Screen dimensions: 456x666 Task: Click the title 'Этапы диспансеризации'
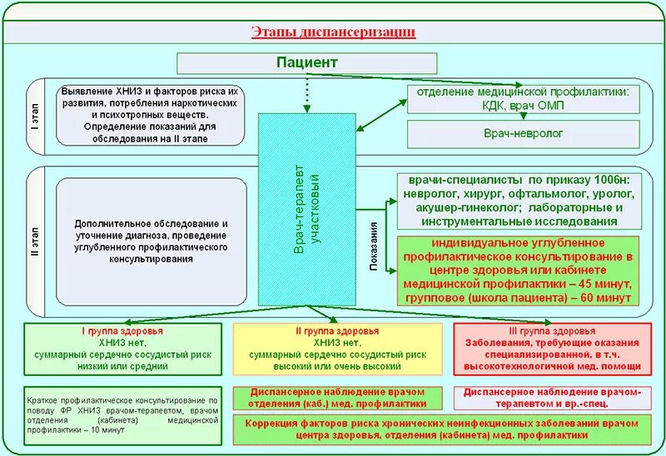click(x=333, y=32)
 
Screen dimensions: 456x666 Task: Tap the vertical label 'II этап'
click(x=34, y=242)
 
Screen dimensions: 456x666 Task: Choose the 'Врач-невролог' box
click(x=524, y=133)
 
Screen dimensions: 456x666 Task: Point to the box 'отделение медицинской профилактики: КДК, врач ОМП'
click(x=524, y=99)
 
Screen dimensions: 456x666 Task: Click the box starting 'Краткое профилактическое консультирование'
click(x=122, y=414)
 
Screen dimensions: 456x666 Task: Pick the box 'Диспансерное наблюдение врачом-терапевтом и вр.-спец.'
click(x=552, y=397)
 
